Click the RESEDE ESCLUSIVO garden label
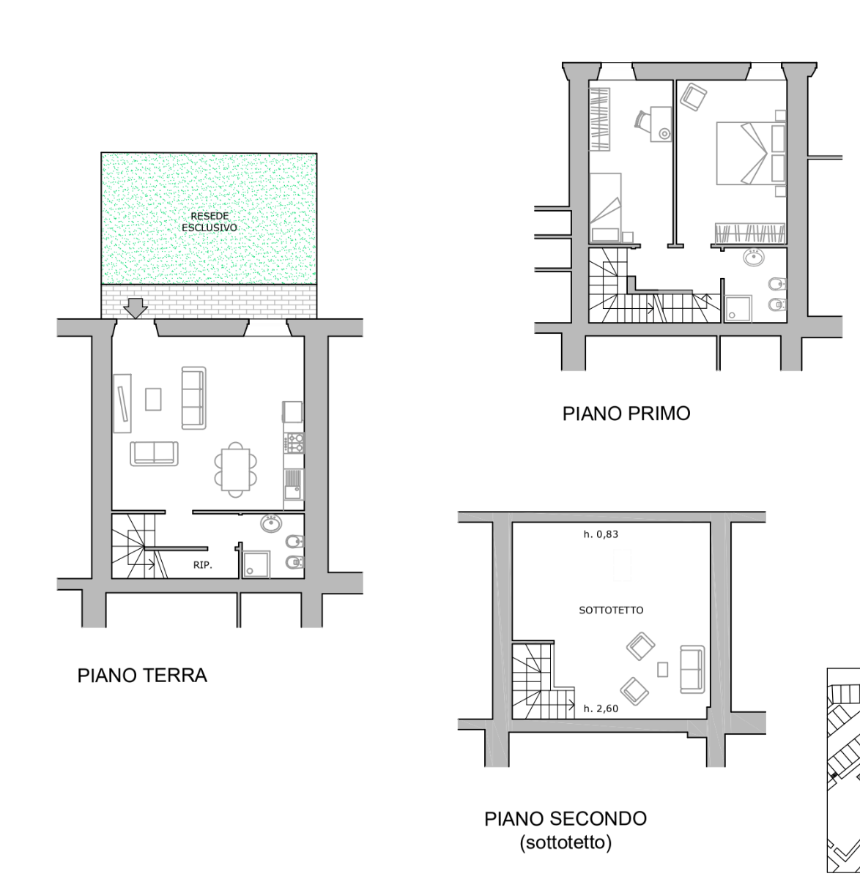tap(210, 222)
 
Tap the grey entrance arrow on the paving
tap(136, 308)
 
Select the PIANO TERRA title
tap(142, 676)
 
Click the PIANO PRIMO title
tap(626, 414)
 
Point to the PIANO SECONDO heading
tap(566, 819)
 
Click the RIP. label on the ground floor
tap(203, 565)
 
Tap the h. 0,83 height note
tap(601, 534)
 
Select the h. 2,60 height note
tap(601, 708)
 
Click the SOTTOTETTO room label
tap(611, 610)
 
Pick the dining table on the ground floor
tap(236, 470)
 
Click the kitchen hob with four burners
tap(294, 443)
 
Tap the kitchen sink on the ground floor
tap(293, 485)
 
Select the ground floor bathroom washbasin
tap(272, 523)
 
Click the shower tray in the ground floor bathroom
tap(256, 564)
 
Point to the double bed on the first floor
tap(751, 153)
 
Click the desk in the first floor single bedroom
tap(661, 124)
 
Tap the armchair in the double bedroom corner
tap(694, 97)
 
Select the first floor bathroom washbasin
tap(754, 257)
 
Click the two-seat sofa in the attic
tap(692, 669)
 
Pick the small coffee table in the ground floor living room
tap(153, 400)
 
